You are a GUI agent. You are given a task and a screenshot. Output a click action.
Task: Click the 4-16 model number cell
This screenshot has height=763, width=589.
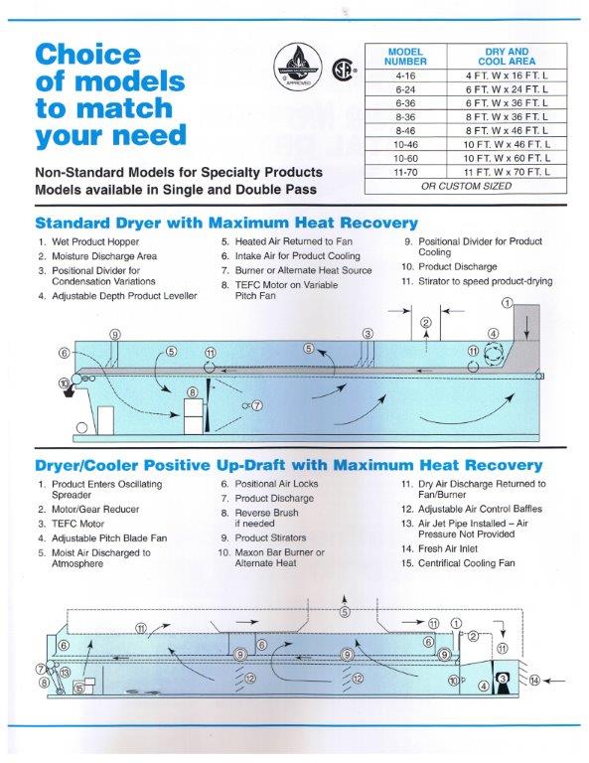pyautogui.click(x=405, y=76)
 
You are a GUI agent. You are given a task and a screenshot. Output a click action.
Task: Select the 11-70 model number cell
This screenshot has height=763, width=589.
pyautogui.click(x=405, y=172)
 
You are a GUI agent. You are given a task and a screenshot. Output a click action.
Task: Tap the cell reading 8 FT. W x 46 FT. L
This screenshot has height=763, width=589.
pyautogui.click(x=507, y=130)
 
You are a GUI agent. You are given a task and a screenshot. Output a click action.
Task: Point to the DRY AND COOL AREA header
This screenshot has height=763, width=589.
pyautogui.click(x=507, y=57)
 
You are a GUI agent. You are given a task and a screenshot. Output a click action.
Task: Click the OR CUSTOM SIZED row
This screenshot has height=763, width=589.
pyautogui.click(x=466, y=186)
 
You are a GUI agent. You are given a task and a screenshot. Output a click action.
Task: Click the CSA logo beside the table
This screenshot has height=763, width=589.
pyautogui.click(x=344, y=70)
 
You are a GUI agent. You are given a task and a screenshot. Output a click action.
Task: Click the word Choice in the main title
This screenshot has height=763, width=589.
pyautogui.click(x=87, y=54)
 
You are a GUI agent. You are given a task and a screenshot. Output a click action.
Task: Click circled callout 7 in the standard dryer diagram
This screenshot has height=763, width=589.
pyautogui.click(x=257, y=405)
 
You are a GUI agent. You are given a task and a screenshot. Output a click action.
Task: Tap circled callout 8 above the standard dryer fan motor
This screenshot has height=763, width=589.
pyautogui.click(x=193, y=392)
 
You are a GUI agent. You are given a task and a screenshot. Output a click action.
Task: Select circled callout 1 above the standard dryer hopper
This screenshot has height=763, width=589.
pyautogui.click(x=507, y=303)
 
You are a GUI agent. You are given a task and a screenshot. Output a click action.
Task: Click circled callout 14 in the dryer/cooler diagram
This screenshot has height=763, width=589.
pyautogui.click(x=534, y=681)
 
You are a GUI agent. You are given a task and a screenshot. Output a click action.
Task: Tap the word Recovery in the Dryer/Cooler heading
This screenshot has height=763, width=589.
pyautogui.click(x=503, y=465)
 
